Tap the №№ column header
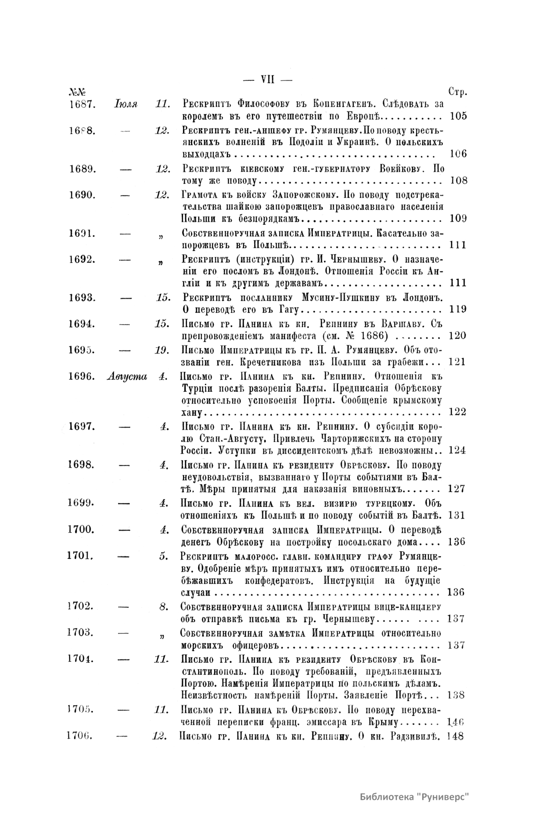click(77, 92)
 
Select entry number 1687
click(81, 104)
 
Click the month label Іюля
click(126, 104)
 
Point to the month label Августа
click(127, 376)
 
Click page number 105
click(458, 116)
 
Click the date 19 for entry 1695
click(161, 350)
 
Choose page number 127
click(457, 489)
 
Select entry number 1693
click(81, 297)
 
